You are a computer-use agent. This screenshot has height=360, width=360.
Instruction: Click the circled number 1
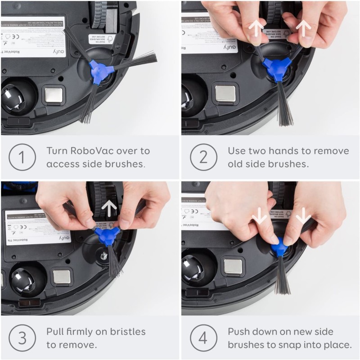(x=22, y=157)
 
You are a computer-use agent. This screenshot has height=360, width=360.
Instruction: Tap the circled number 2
(x=203, y=157)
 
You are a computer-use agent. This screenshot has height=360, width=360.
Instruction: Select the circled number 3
(x=22, y=338)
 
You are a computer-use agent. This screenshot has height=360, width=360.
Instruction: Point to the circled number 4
(x=203, y=338)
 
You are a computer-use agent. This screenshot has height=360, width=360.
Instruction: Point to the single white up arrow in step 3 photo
(x=109, y=207)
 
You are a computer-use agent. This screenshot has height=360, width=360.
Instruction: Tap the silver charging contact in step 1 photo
(x=54, y=94)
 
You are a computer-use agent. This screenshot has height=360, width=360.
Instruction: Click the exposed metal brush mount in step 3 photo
(x=103, y=256)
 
